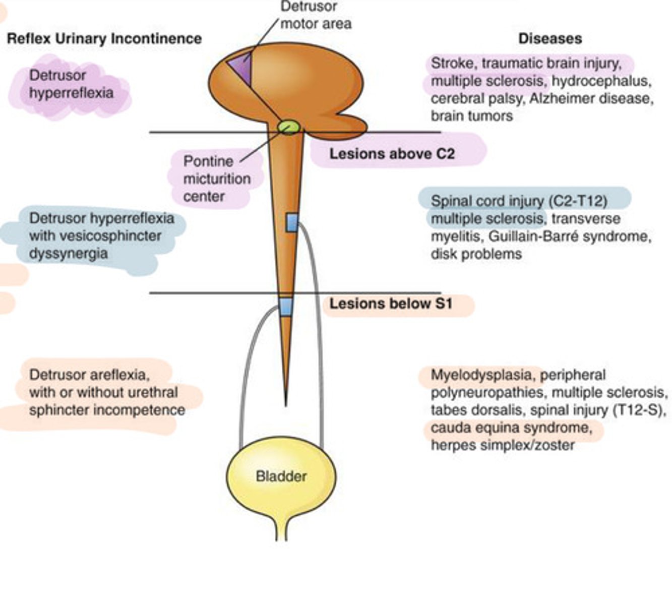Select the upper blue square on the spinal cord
point(292,222)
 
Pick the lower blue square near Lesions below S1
point(286,307)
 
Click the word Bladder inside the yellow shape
point(281,476)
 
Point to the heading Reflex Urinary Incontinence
point(104,39)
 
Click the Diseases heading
point(550,39)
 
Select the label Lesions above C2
point(392,154)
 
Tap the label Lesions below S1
point(391,304)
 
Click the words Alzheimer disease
point(591,98)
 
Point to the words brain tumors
point(471,116)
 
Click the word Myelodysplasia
point(480,375)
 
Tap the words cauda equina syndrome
point(510,428)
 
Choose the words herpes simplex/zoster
point(502,446)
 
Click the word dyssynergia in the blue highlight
point(68,253)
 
